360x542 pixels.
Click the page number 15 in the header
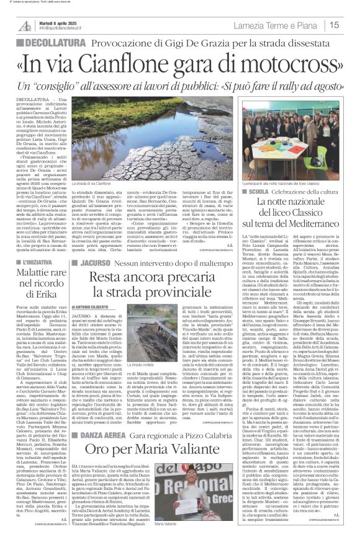351,25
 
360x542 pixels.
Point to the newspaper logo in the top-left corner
24,25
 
